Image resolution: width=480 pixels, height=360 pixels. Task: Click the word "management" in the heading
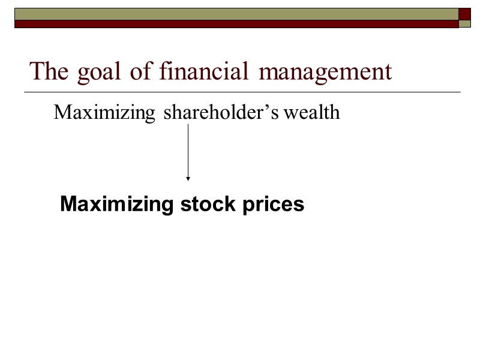pyautogui.click(x=326, y=73)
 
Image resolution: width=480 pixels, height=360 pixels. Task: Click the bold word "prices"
pyautogui.click(x=273, y=205)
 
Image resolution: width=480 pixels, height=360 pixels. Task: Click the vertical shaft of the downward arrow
pyautogui.click(x=188, y=150)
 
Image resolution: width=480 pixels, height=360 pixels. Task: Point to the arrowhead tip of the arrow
pyautogui.click(x=188, y=179)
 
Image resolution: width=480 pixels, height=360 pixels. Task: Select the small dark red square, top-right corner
pyautogui.click(x=465, y=14)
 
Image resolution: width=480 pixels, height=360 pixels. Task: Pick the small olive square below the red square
pyautogui.click(x=465, y=24)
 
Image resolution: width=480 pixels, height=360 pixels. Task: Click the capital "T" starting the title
pyautogui.click(x=37, y=71)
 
